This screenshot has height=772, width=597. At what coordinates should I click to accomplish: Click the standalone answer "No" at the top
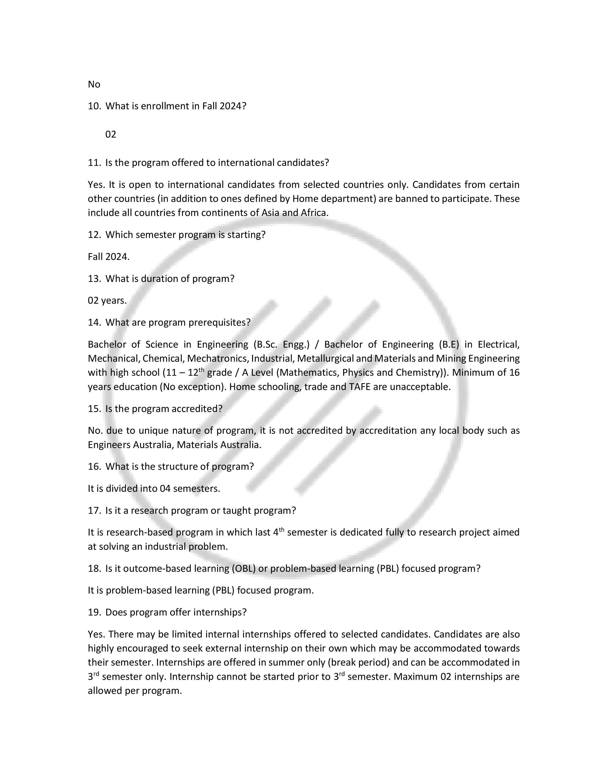click(x=94, y=84)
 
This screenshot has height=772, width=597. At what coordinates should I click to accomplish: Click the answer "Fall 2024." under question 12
click(x=109, y=257)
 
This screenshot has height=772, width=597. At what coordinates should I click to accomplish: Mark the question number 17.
click(x=94, y=511)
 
